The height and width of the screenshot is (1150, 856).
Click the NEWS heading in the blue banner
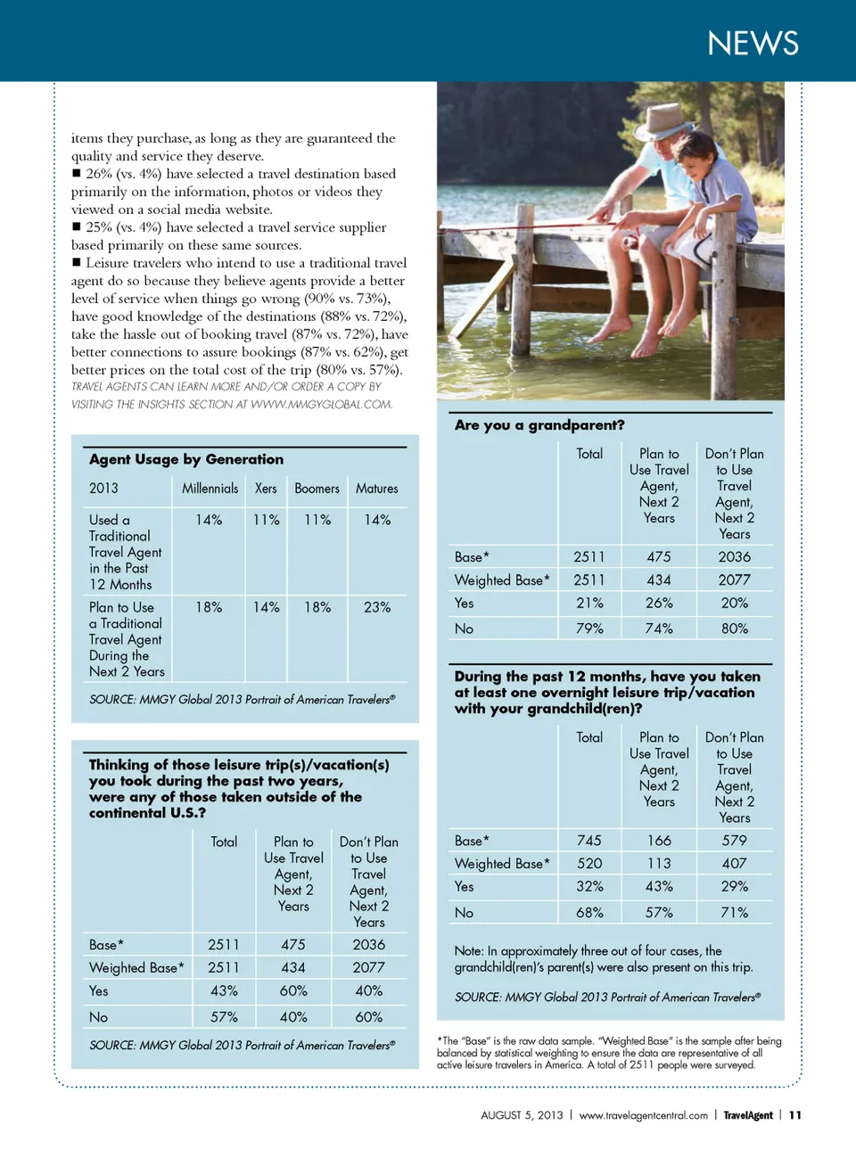[753, 43]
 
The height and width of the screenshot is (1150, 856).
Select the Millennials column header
[210, 489]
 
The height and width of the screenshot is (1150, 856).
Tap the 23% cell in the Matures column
[376, 607]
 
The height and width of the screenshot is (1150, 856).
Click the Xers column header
[266, 489]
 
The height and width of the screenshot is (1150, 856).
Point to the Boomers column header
[317, 489]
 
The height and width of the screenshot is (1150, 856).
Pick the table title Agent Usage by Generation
[186, 459]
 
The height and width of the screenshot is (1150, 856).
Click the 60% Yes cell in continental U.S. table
[293, 990]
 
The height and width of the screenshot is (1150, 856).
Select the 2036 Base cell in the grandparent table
[734, 556]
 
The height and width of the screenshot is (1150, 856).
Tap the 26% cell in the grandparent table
[659, 603]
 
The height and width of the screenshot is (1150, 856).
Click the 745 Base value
[588, 840]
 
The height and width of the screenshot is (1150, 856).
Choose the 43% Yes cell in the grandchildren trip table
[659, 886]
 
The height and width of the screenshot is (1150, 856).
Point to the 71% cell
[734, 912]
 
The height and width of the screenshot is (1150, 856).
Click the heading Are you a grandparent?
[539, 425]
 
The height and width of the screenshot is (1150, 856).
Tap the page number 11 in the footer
[795, 1115]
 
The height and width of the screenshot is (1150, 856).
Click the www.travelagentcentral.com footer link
[643, 1115]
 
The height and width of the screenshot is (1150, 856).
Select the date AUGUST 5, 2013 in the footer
[522, 1115]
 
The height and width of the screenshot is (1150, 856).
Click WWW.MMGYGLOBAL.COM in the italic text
[321, 404]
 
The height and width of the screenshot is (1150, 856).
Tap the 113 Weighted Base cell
[659, 863]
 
